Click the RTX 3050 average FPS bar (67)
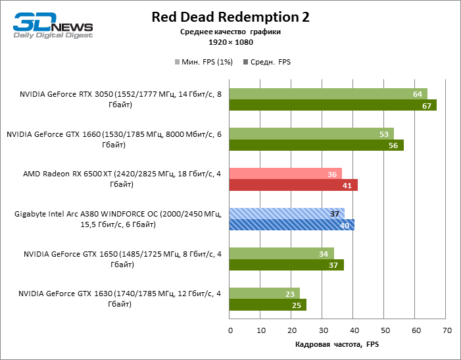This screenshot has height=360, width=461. pyautogui.click(x=333, y=105)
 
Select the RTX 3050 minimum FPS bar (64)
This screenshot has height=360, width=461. pyautogui.click(x=328, y=94)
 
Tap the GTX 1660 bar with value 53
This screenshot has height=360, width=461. pyautogui.click(x=312, y=134)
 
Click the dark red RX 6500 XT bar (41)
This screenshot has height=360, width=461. pyautogui.click(x=293, y=186)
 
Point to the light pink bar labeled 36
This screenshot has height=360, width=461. pyautogui.click(x=285, y=174)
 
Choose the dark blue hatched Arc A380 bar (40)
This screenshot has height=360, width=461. pyautogui.click(x=292, y=225)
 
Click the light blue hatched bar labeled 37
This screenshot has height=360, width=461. pyautogui.click(x=287, y=214)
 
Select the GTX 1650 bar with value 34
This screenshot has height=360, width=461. pyautogui.click(x=282, y=253)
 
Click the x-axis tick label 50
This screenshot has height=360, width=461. pyautogui.click(x=385, y=329)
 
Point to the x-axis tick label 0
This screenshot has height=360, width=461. pyautogui.click(x=230, y=329)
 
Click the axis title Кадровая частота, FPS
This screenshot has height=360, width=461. pyautogui.click(x=337, y=344)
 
